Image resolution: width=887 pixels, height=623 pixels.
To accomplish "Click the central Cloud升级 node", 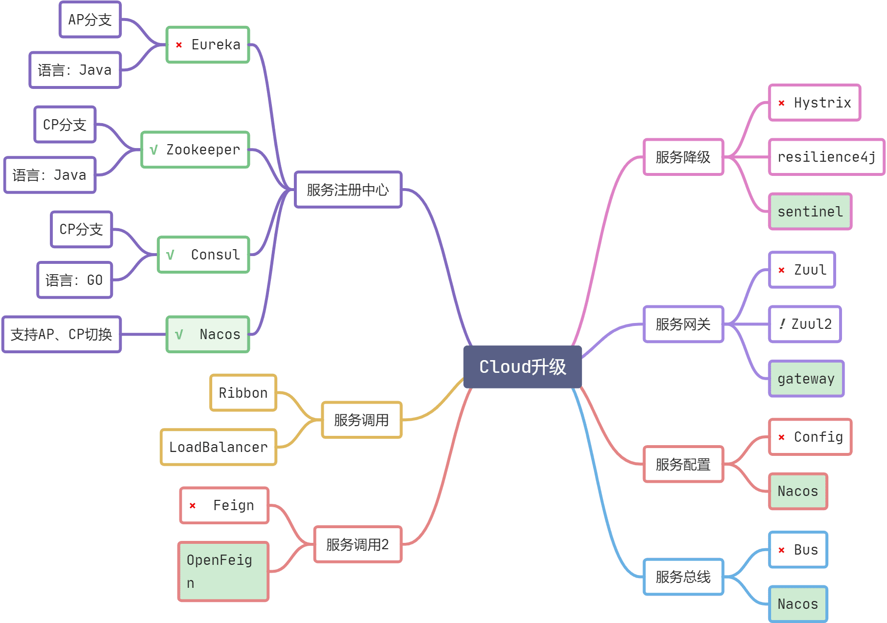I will click(522, 367).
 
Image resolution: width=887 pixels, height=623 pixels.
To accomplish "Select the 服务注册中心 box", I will click(348, 190).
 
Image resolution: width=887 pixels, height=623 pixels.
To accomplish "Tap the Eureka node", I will click(208, 45).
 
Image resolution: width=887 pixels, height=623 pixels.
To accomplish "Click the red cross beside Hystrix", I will click(781, 103).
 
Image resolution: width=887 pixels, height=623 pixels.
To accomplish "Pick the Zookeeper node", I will click(196, 150).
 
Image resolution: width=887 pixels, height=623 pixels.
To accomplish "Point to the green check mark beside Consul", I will click(170, 255).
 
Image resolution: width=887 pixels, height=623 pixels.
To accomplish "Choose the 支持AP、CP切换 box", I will click(62, 335).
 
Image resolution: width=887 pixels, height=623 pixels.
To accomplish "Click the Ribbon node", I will click(243, 393).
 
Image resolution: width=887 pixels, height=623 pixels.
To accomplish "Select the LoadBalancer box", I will click(218, 447).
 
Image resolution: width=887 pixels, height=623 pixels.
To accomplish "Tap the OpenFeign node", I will click(223, 571).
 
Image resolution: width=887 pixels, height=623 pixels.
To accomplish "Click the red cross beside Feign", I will click(193, 506).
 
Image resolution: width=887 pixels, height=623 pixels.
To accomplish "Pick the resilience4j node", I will click(826, 157).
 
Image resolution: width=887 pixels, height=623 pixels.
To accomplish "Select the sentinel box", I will click(810, 212).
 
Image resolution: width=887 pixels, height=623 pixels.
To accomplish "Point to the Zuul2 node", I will click(805, 324).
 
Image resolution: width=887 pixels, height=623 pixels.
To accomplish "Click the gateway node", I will click(806, 379).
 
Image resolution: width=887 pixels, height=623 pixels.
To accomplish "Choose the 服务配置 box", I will click(683, 464).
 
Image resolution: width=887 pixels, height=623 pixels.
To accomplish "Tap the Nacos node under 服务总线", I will click(798, 604).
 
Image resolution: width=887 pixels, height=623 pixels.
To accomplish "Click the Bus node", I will click(798, 550).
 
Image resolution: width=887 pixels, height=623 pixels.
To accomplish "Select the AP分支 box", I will click(90, 20).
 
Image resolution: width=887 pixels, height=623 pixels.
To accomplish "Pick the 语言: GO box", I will click(75, 280).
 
